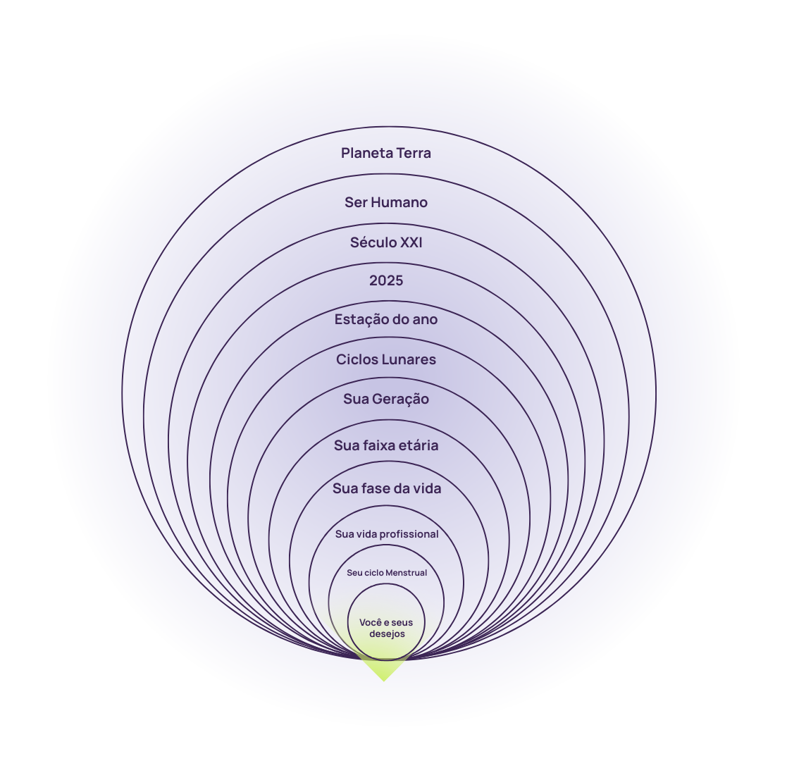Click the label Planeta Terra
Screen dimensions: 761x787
pos(386,153)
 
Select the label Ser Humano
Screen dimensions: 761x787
pos(386,202)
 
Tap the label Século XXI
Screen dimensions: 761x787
pos(386,242)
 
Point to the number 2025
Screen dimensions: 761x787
pos(386,280)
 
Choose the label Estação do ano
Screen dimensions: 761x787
pos(386,319)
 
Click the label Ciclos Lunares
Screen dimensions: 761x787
pos(386,359)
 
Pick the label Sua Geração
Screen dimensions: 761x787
pos(386,399)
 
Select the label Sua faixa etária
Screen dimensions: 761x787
pos(386,445)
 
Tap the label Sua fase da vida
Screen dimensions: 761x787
pos(387,488)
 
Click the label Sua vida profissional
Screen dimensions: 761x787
pos(387,534)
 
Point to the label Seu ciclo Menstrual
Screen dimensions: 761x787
pos(387,573)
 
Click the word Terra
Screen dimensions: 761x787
pos(411,153)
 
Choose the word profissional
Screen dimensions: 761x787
pos(409,534)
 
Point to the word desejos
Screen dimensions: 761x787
pos(387,633)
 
